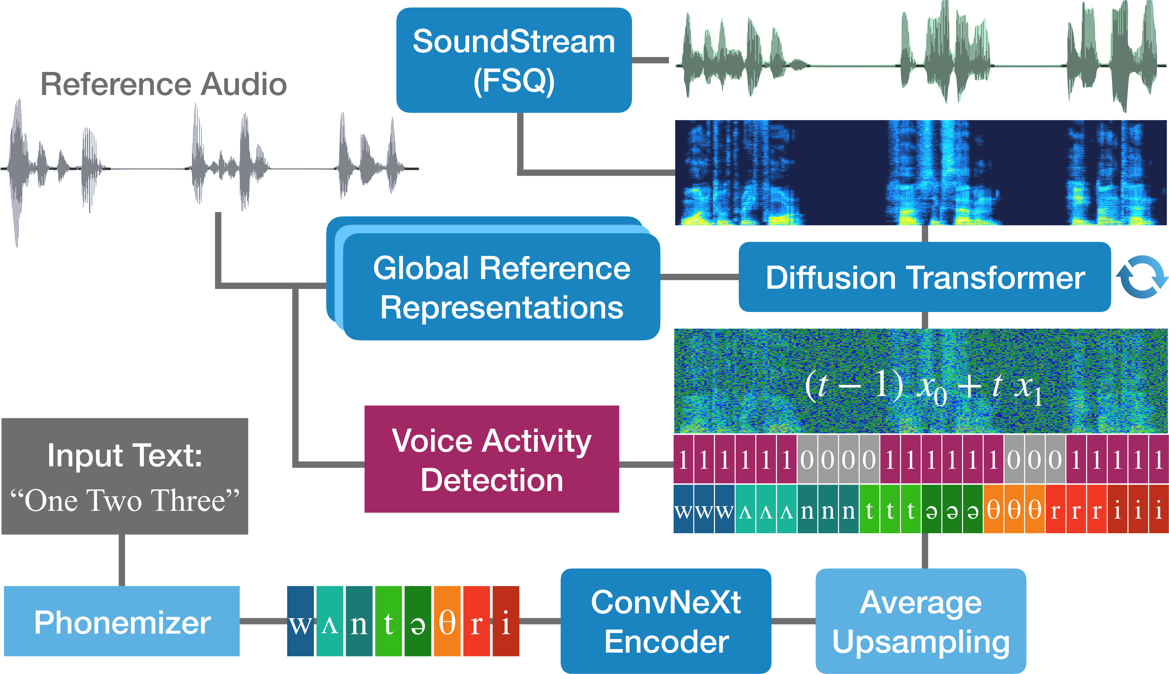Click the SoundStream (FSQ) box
514,60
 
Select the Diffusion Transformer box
925,277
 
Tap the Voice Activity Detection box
492,459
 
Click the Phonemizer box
122,621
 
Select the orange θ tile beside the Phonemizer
447,621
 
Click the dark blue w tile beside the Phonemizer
300,621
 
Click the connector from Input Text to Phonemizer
122,560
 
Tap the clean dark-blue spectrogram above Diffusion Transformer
921,173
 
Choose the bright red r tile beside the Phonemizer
476,621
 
